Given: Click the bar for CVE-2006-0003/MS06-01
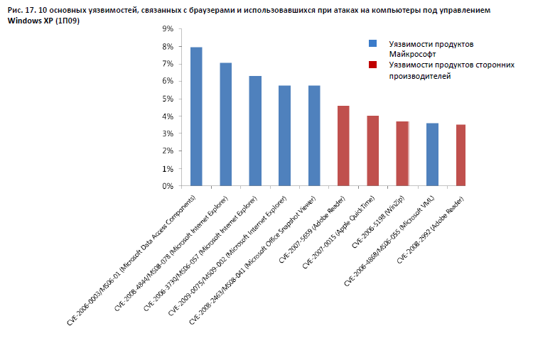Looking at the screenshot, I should tap(196, 116).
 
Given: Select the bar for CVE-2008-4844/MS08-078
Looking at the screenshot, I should tap(226, 124).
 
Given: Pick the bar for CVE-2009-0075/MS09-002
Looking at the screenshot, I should tap(284, 136).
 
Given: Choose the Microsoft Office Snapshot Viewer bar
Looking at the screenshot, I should tap(314, 136).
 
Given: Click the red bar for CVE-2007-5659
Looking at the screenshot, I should tap(343, 146).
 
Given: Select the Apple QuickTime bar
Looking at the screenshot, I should tap(372, 151).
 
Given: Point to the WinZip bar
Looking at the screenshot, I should tap(402, 153).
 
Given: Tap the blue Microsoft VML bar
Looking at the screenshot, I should tap(431, 155).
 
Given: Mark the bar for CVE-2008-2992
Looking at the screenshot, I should tap(461, 156).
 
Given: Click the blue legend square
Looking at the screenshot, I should tap(372, 44).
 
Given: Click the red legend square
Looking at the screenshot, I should tap(372, 65).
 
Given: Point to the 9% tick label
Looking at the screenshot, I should tap(168, 29).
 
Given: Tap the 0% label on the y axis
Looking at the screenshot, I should tap(168, 186).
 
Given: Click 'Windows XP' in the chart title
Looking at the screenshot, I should tap(29, 21).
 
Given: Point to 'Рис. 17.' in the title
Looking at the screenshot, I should tap(22, 11).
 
